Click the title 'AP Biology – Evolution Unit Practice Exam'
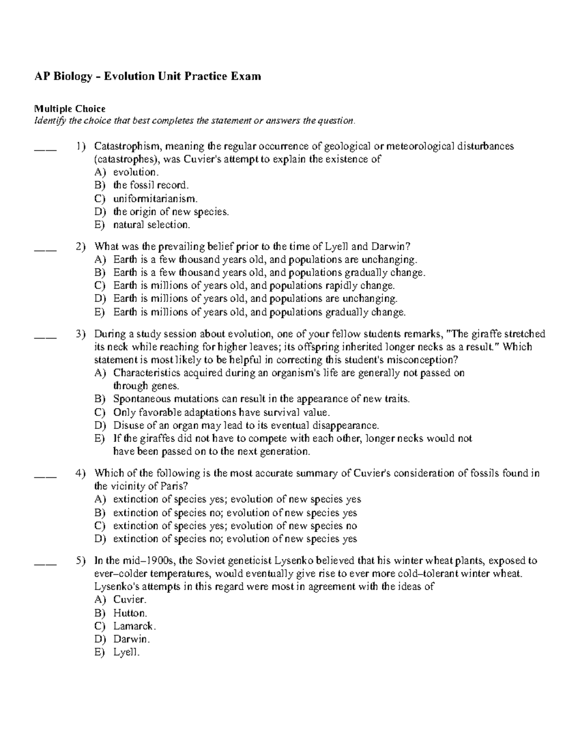click(x=147, y=76)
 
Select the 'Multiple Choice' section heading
click(x=70, y=109)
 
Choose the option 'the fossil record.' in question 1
click(x=151, y=185)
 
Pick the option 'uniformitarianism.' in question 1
click(x=155, y=198)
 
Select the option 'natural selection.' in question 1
click(x=152, y=225)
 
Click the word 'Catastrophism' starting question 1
click(x=129, y=146)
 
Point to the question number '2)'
click(x=81, y=246)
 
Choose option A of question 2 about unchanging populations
click(x=264, y=260)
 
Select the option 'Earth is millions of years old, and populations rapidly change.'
click(x=254, y=286)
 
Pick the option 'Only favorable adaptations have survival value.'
click(x=221, y=412)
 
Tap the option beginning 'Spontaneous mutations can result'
click(x=261, y=399)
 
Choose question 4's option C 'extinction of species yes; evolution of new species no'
click(x=235, y=526)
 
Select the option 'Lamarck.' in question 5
click(x=134, y=626)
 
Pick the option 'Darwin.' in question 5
click(x=131, y=639)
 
